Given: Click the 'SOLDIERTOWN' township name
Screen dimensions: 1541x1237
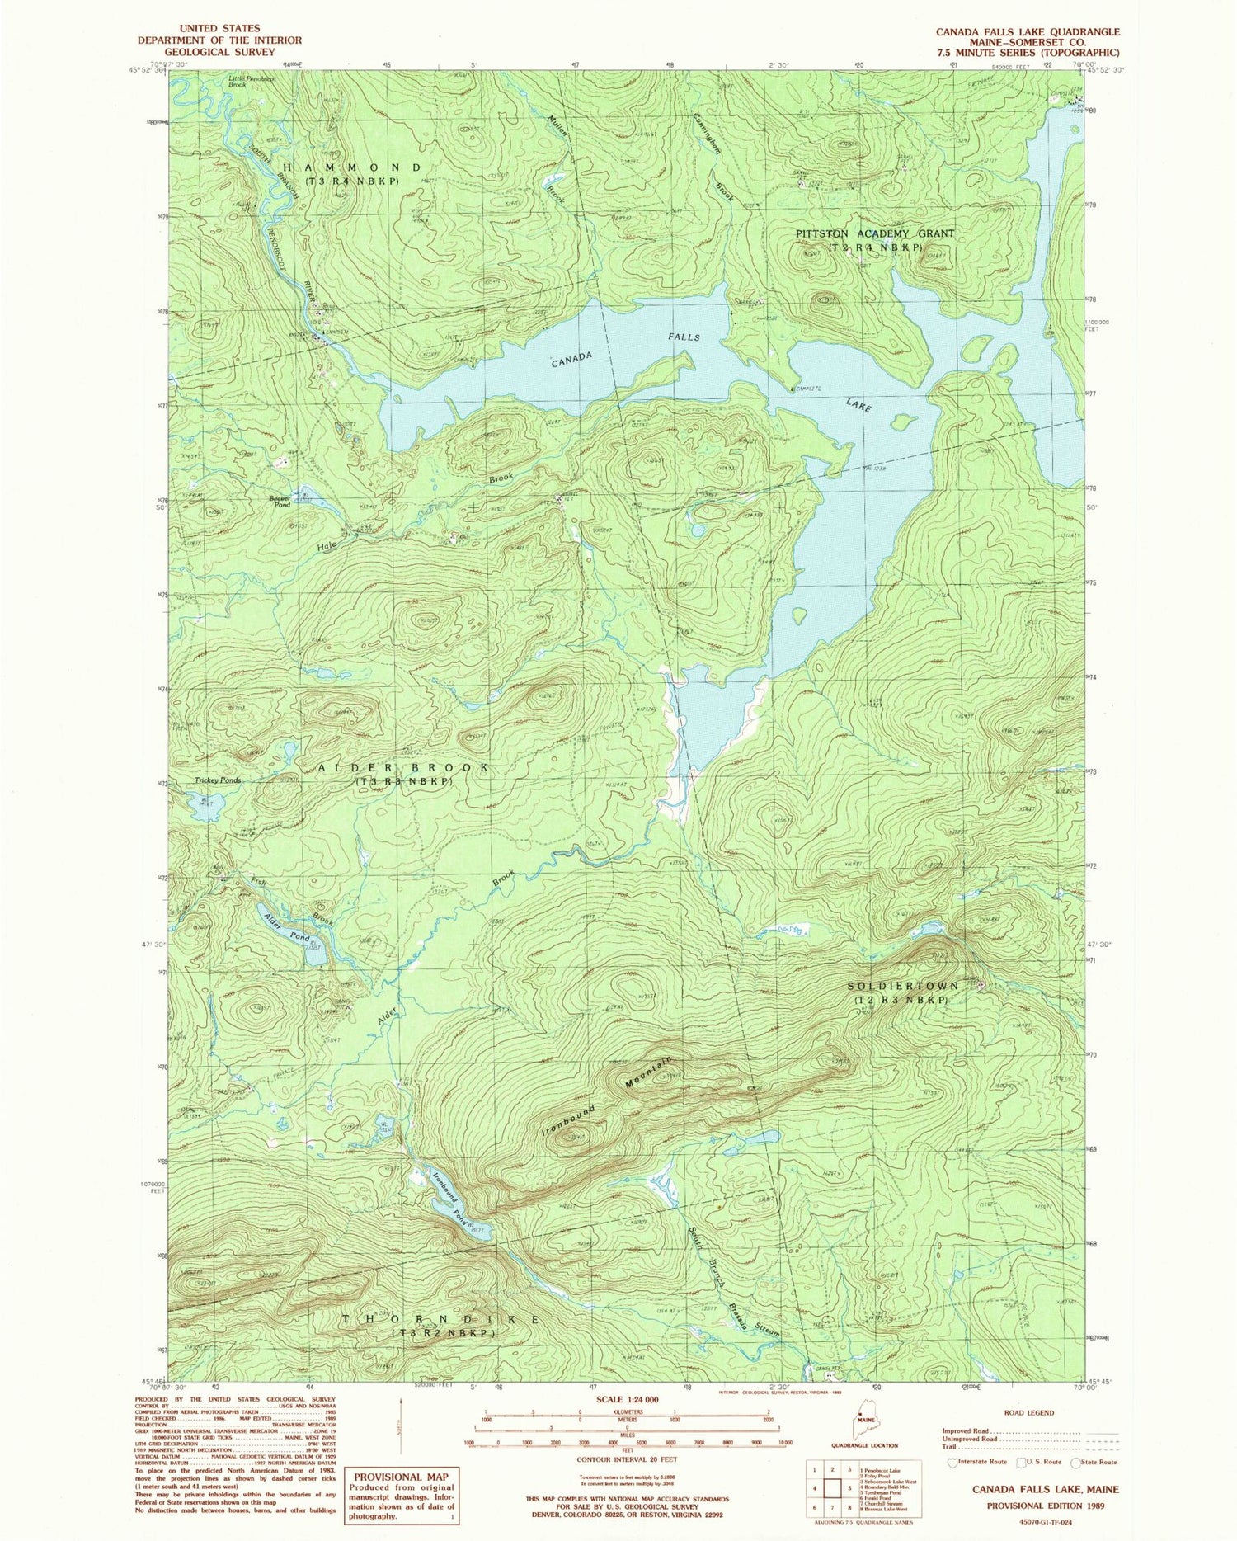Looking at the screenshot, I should [904, 987].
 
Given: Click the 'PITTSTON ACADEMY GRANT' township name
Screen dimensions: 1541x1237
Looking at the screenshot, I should [874, 233].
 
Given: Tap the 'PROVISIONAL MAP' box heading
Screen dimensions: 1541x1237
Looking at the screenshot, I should [401, 1477].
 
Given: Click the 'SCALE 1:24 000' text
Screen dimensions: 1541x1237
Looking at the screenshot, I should [626, 1399].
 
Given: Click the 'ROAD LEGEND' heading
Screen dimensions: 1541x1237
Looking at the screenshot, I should [1028, 1412].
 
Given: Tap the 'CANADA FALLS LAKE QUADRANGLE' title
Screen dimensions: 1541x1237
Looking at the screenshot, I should [1028, 31].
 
